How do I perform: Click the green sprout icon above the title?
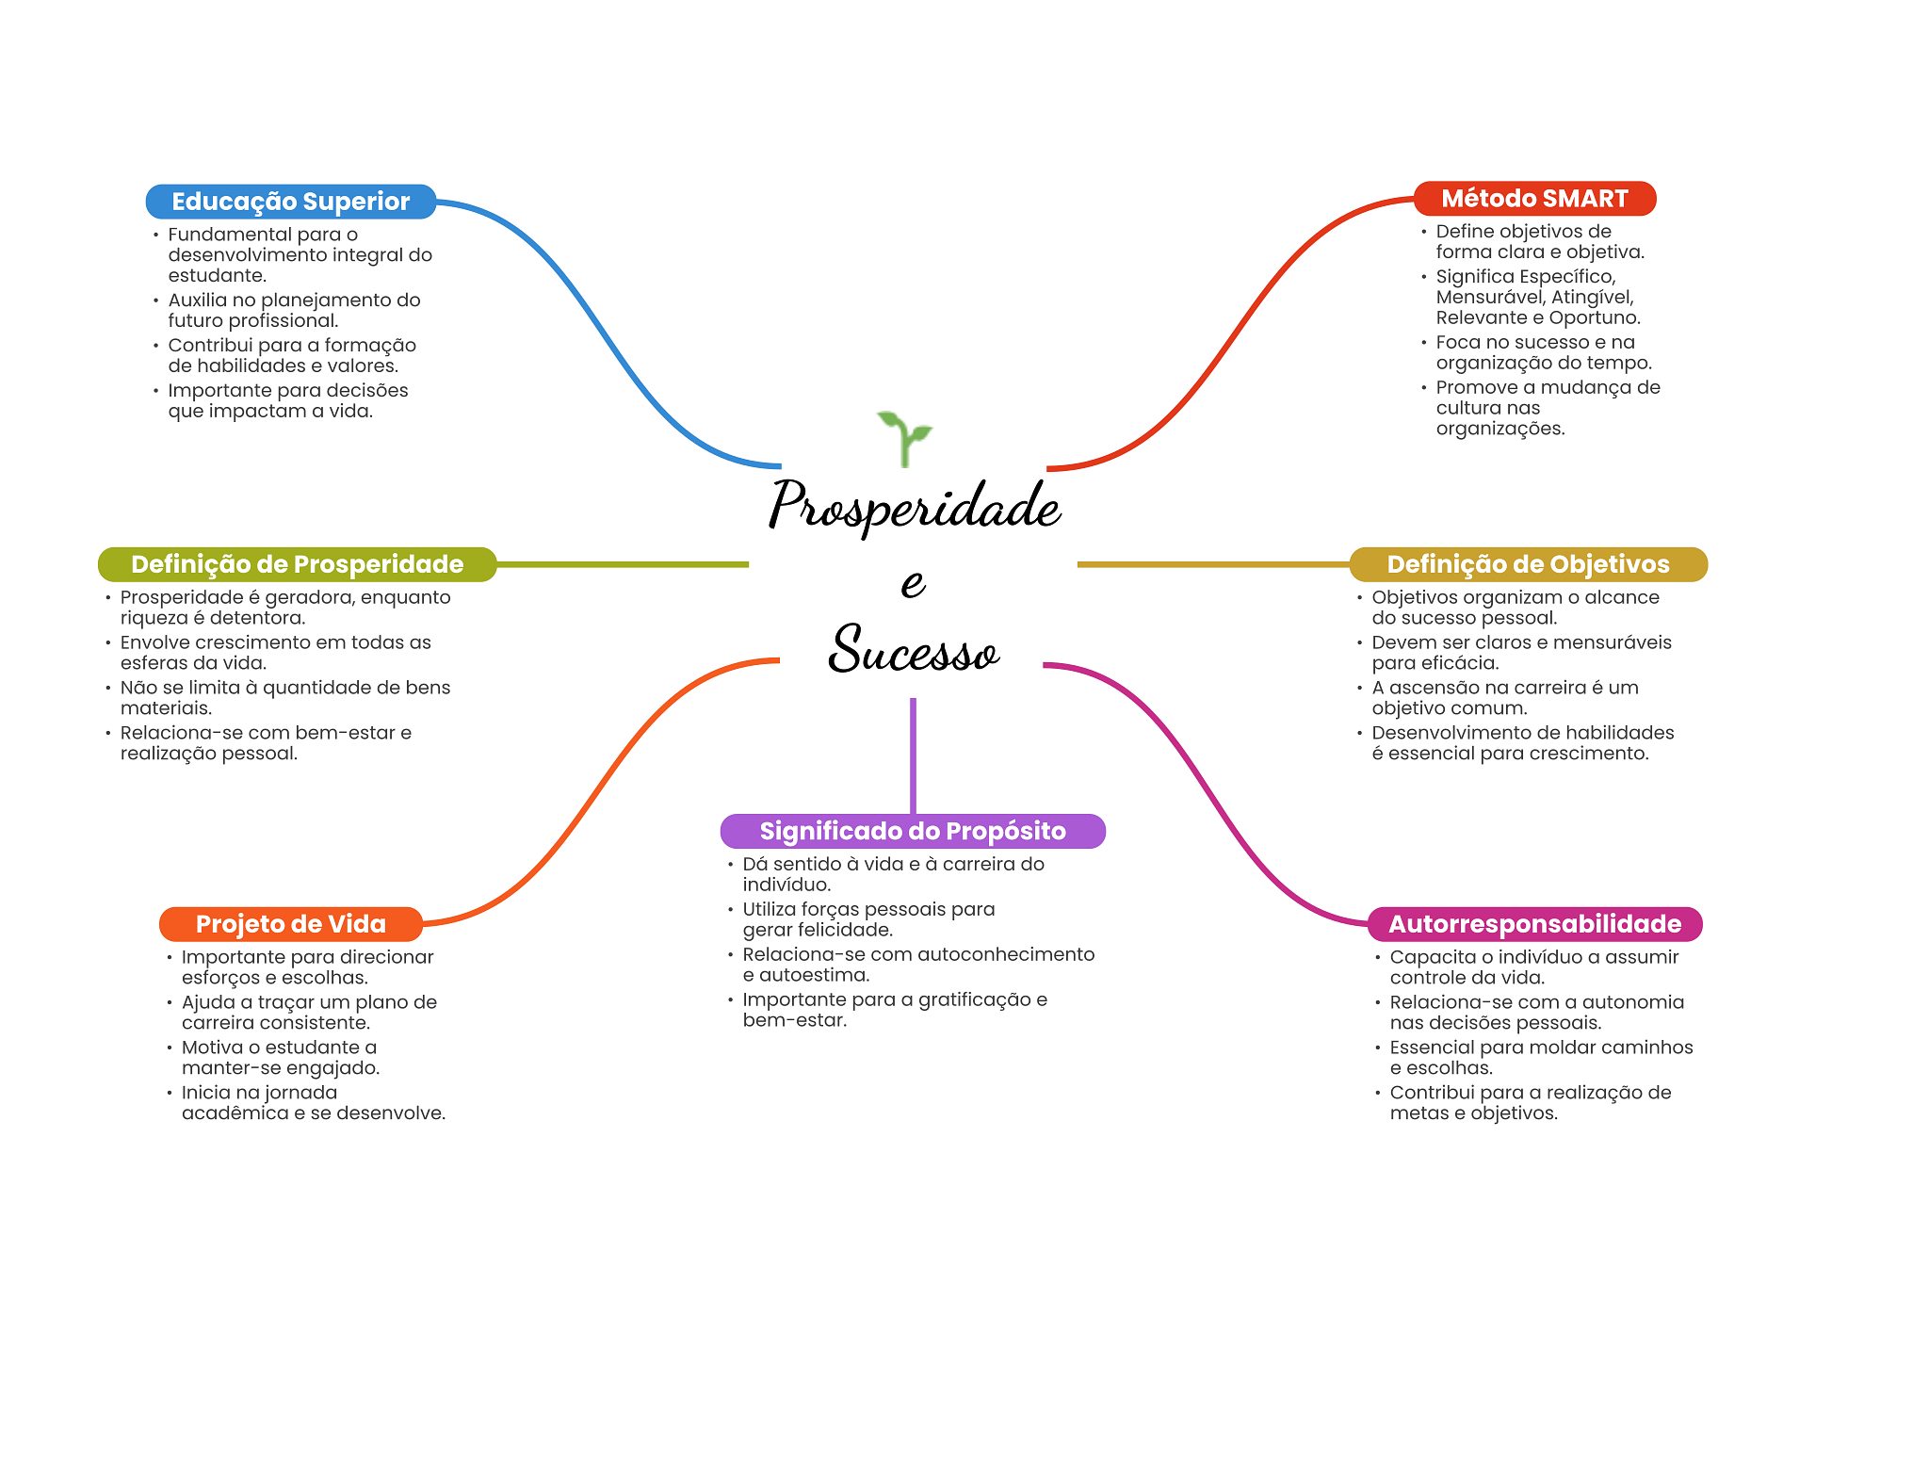coord(904,438)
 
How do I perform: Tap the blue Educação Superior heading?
coord(290,202)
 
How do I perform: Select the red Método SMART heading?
coord(1534,199)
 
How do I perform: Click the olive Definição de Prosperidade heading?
coord(297,564)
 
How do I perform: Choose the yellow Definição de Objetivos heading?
coord(1528,564)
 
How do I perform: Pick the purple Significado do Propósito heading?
coord(912,831)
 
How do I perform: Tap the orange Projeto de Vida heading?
coord(290,924)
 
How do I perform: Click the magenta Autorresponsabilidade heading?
coord(1534,924)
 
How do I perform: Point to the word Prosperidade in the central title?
coord(914,506)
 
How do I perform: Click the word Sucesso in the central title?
coord(913,650)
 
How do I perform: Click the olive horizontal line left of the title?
coord(622,564)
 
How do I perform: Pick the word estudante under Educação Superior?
coord(216,276)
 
